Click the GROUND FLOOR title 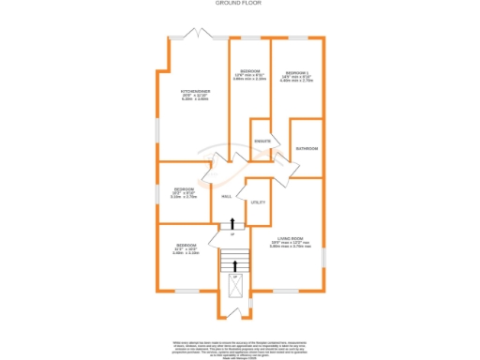[239, 4]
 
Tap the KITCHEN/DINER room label [195, 91]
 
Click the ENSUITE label [262, 142]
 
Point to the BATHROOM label [307, 148]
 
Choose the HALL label [227, 196]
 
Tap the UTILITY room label [258, 202]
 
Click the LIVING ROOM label [285, 240]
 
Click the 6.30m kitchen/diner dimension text [195, 98]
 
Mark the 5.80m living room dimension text [285, 247]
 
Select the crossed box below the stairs [234, 285]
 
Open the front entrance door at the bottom [233, 310]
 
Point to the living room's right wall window [324, 256]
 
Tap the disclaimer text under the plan [239, 345]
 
